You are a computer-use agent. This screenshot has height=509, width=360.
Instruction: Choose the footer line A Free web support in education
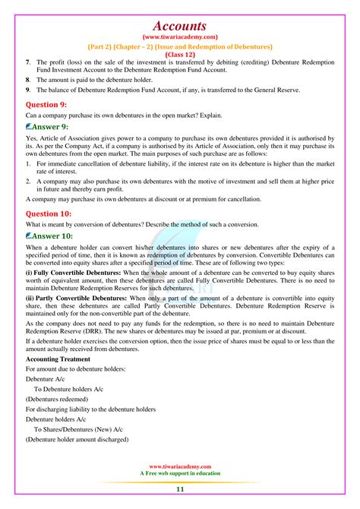pos(180,473)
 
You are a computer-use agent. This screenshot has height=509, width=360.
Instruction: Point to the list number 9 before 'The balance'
pos(27,90)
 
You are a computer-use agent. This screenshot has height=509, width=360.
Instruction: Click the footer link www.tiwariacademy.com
pos(180,466)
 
